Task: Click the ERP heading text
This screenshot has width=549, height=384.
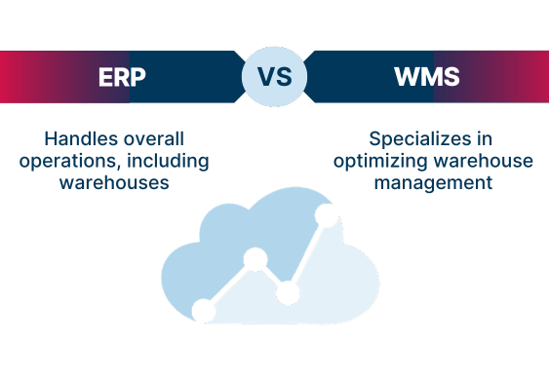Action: (x=123, y=76)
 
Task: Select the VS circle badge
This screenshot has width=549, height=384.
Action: (x=274, y=76)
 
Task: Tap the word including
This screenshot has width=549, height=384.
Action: (x=169, y=160)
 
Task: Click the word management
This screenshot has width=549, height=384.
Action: (x=433, y=182)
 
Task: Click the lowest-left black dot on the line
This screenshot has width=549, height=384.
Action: (x=204, y=311)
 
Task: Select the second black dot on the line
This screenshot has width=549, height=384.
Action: (x=255, y=259)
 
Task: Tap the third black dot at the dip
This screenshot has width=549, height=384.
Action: (x=287, y=292)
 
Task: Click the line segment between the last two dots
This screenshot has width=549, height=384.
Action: (x=307, y=252)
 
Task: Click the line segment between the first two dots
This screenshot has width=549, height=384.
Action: (x=229, y=286)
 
